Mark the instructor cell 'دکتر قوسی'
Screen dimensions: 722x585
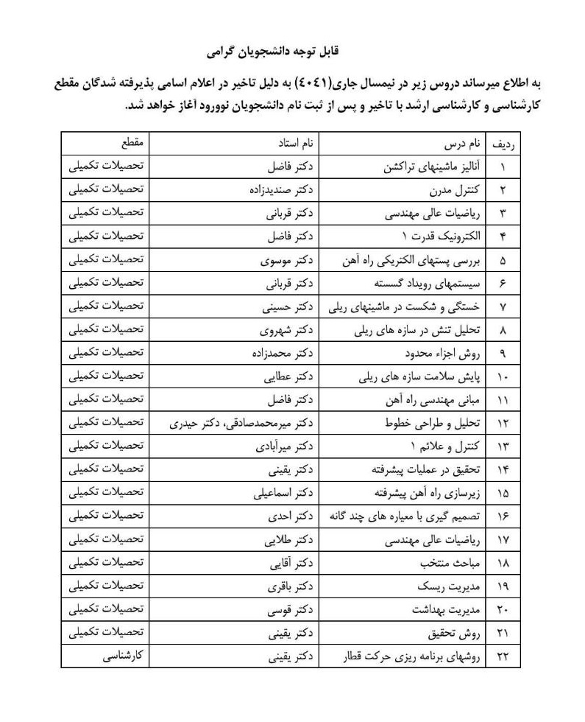pos(295,611)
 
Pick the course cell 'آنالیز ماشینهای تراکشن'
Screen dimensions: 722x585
pos(435,167)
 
